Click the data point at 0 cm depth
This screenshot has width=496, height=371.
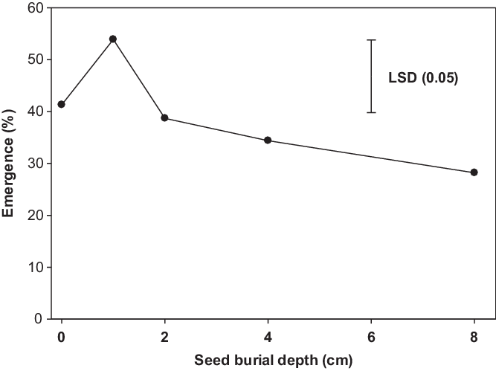[x=61, y=104]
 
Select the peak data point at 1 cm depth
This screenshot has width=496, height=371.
[x=113, y=39]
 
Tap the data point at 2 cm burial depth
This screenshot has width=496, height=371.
[x=164, y=118]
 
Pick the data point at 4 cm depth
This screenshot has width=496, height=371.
[x=268, y=141]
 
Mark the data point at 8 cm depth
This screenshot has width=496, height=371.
[x=474, y=172]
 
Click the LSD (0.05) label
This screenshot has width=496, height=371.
[x=423, y=77]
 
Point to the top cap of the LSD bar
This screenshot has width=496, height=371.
[x=371, y=40]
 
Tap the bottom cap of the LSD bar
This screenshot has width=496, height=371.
[x=371, y=112]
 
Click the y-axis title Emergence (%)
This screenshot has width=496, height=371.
[x=10, y=163]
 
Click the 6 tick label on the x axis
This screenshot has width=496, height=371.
[x=371, y=337]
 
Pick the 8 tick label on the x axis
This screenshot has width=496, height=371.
[x=474, y=337]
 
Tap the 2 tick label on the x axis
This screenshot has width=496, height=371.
[x=164, y=337]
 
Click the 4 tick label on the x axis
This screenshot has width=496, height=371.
[x=268, y=337]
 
